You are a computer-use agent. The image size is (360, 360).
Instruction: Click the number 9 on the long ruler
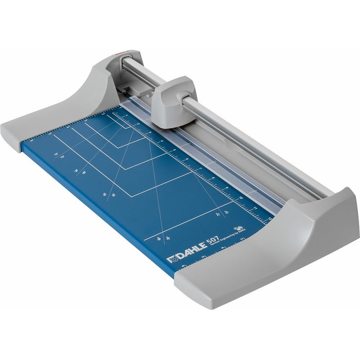(x=227, y=187)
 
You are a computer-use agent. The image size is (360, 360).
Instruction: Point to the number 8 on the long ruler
(x=213, y=178)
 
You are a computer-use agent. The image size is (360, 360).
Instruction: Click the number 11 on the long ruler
(x=255, y=207)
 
